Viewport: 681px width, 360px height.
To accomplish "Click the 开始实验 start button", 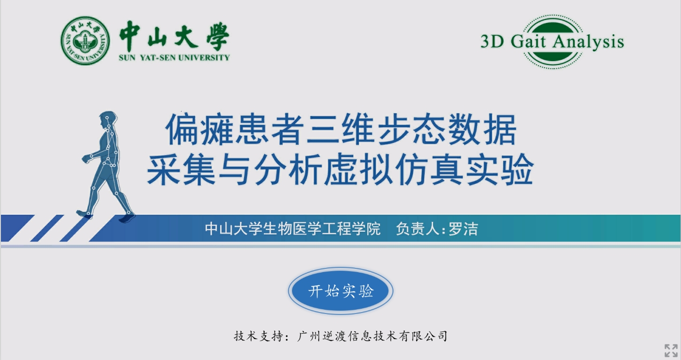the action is pos(340,291).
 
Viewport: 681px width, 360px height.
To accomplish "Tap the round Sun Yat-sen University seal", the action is pos(85,40).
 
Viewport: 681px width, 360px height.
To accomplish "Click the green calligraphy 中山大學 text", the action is pos(174,36).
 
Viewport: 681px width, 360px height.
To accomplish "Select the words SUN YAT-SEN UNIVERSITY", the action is pos(174,57).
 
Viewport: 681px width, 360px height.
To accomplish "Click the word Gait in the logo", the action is pos(528,41).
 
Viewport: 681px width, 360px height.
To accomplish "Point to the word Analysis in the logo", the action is pos(588,42).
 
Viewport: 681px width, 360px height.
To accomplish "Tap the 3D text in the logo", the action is pos(492,42).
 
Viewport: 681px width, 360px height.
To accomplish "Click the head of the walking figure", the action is pos(108,119).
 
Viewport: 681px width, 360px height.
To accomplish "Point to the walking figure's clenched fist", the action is pos(86,158).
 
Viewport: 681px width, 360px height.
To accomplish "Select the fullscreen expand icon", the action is pos(671,350).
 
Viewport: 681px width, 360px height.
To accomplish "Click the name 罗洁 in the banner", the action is pos(463,229).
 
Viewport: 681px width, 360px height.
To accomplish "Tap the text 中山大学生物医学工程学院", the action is pos(293,229).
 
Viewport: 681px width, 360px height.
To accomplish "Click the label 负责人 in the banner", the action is pos(418,229).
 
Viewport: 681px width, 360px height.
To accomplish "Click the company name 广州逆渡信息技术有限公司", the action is pos(372,336).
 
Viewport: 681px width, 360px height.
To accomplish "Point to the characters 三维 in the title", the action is pos(340,129).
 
